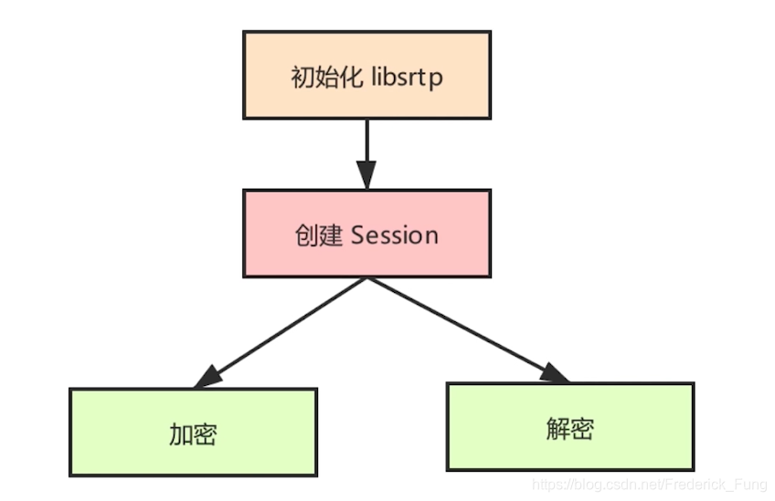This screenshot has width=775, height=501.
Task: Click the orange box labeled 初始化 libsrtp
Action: [366, 75]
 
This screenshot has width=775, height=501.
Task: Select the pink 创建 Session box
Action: [366, 234]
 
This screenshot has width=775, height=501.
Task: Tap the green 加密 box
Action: [193, 432]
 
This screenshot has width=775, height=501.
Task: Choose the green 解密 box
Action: [570, 426]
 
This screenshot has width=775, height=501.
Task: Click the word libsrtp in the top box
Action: [408, 77]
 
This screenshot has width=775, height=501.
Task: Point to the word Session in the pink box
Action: [395, 235]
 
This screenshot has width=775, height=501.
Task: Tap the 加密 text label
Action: [193, 433]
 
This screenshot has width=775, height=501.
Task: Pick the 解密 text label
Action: [570, 427]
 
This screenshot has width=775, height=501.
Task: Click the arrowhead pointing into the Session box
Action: [366, 174]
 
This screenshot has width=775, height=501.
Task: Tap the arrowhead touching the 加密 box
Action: [208, 376]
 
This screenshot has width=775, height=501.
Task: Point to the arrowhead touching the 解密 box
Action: [553, 372]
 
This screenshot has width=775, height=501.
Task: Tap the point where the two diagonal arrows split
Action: [366, 278]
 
